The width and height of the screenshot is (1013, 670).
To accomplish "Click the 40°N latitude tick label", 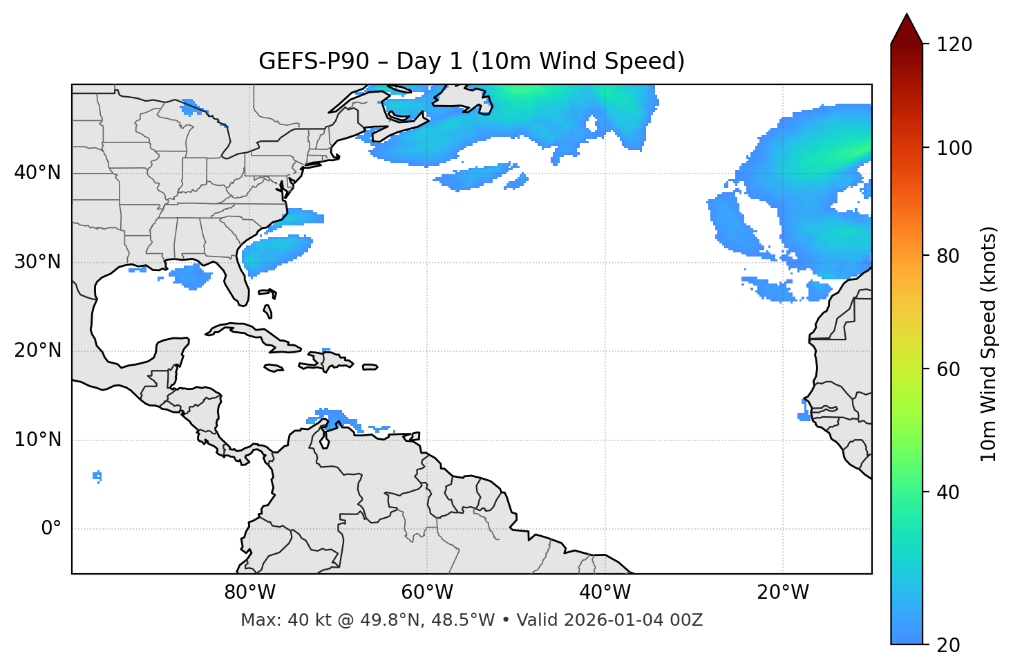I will tap(37, 173).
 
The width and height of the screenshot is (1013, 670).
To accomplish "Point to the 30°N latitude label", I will tap(37, 262).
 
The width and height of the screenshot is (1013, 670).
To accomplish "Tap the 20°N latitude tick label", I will tap(37, 351).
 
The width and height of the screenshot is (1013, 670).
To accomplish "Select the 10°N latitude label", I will tap(37, 440).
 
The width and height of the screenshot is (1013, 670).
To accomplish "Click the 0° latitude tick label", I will tap(51, 529).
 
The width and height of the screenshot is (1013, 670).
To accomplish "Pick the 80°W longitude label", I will tap(249, 593).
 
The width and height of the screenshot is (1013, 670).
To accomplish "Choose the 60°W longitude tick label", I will tap(427, 593).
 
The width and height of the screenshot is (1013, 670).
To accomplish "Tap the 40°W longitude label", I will tap(605, 593).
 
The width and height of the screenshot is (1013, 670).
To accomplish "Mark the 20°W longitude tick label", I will tap(783, 593).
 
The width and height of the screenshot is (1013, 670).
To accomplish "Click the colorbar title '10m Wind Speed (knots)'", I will tap(989, 344).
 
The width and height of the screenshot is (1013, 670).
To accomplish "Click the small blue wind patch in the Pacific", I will tap(97, 476).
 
